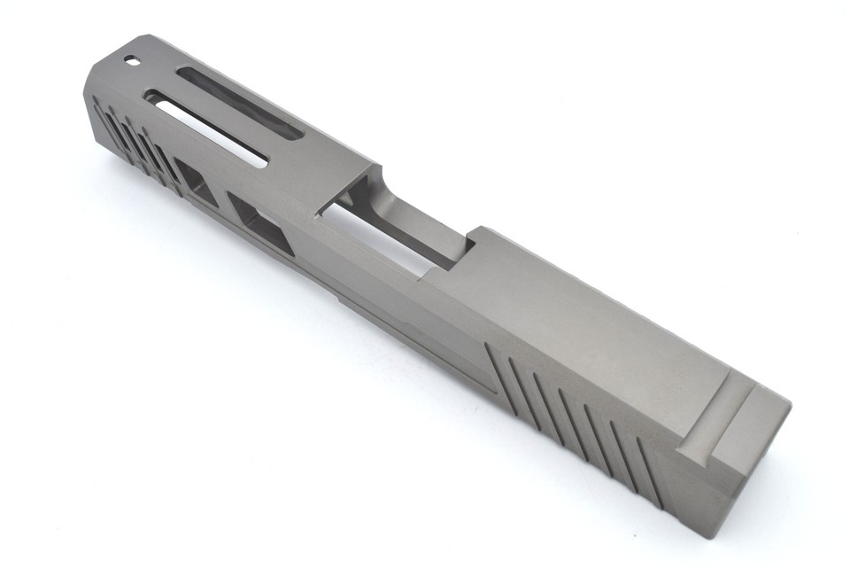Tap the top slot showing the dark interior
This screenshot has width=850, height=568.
[x=239, y=103]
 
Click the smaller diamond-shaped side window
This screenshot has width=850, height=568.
[x=196, y=181]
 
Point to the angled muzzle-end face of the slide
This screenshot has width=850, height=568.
[x=106, y=75]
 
